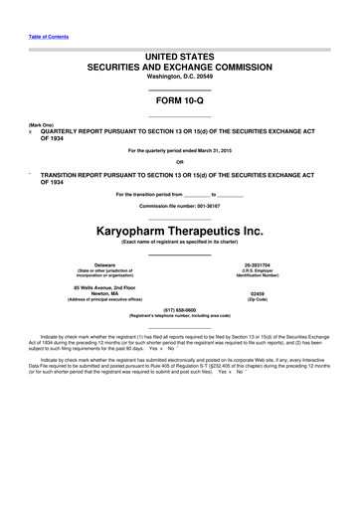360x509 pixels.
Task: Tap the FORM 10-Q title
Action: coord(180,103)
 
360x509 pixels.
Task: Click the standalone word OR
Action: coord(180,164)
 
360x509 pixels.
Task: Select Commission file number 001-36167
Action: coord(180,206)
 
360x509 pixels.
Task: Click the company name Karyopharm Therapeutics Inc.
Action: coord(180,231)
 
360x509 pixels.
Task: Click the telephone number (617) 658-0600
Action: coord(180,309)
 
